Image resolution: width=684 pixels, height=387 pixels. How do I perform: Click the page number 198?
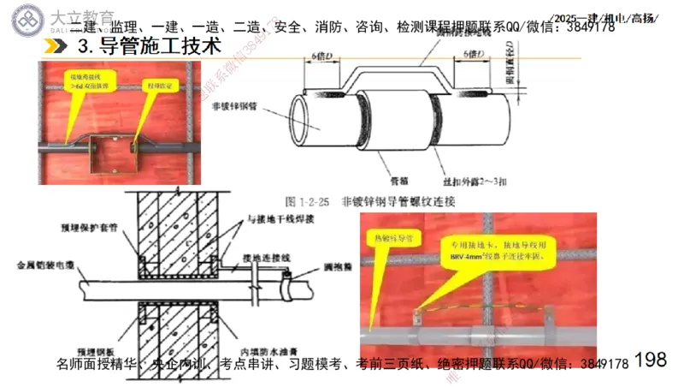(x=652, y=359)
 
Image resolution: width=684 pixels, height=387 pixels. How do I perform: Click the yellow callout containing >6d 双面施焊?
(x=85, y=81)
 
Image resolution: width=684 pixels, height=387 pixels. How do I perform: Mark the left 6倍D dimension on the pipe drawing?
(x=324, y=56)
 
